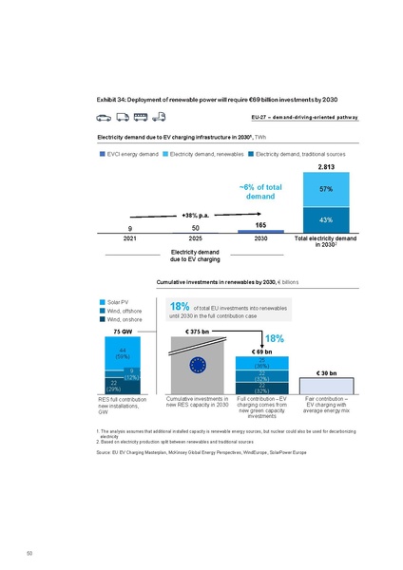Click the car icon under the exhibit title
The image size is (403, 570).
104,117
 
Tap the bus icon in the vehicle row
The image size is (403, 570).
142,117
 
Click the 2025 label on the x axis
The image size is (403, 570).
195,238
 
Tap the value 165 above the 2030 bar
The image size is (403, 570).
259,224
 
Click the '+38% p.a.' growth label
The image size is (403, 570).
195,215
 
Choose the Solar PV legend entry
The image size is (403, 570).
120,301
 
